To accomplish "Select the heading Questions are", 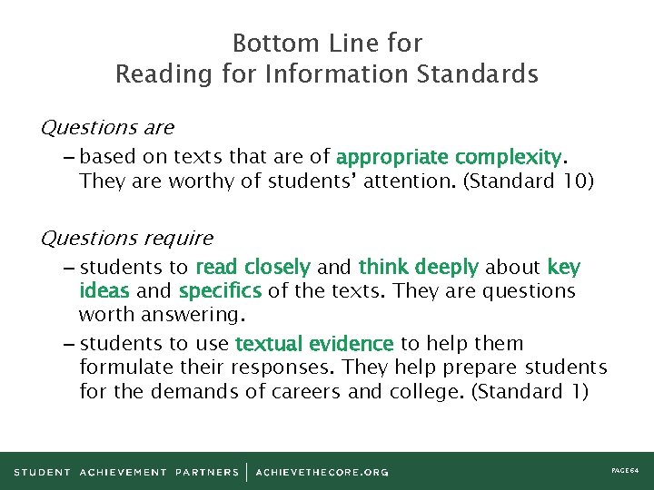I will (107, 128).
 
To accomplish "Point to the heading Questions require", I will (127, 239).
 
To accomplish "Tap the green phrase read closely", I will (253, 268).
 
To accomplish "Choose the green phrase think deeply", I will (418, 268).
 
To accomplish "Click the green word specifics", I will (221, 291).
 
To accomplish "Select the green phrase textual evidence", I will (314, 344).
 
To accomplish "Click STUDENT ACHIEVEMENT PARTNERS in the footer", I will (126, 472).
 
